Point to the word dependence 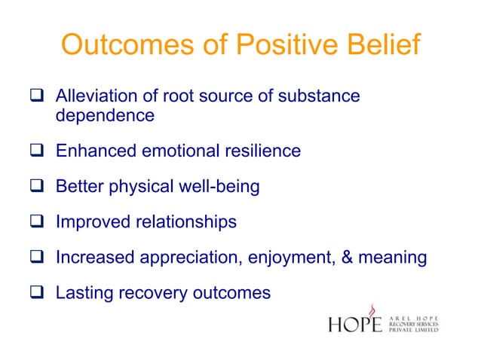click(105, 116)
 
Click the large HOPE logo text click(355, 325)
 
